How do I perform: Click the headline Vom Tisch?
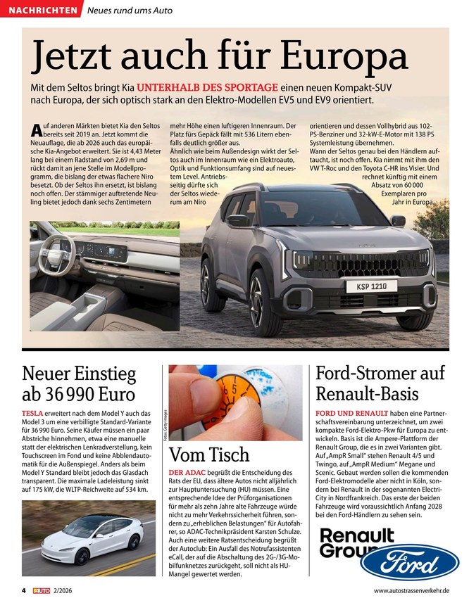(210, 454)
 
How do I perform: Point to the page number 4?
(23, 591)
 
